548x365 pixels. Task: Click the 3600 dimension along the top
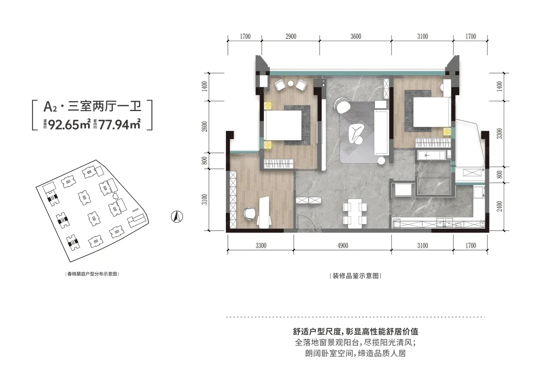pos(355,37)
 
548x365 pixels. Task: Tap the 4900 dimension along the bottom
pos(342,246)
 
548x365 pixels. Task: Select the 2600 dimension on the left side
pos(205,127)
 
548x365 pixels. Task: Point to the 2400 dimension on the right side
pos(499,206)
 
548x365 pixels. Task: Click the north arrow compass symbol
pos(177,217)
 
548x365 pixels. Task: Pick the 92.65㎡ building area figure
pos(69,124)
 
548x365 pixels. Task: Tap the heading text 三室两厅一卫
pos(105,106)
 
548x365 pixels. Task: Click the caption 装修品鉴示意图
pos(355,276)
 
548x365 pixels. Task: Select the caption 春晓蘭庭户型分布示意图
pos(92,274)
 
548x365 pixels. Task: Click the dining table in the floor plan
pos(355,213)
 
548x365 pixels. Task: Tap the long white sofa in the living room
pos(381,132)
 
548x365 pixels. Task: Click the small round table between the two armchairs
pos(290,84)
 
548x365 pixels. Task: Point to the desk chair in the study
pos(250,214)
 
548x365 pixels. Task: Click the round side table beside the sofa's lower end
pos(381,160)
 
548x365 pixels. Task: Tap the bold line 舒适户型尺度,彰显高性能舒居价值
pos(355,331)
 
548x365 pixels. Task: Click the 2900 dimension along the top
pos(290,37)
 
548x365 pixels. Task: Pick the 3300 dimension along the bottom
pos(261,246)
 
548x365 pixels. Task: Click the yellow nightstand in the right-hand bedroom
pos(447,131)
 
